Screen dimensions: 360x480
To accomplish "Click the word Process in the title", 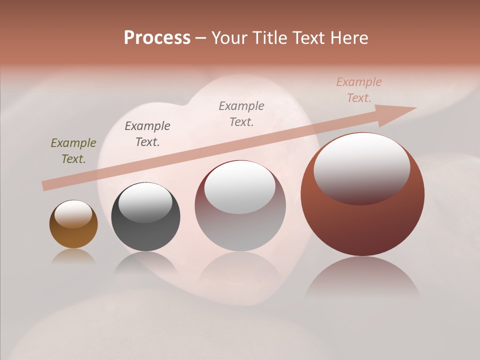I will coord(157,38).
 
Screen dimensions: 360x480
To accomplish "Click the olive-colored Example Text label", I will coord(73,151).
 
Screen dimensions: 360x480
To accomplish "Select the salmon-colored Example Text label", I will coord(358,90).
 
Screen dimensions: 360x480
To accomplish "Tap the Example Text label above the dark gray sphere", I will coord(147,134).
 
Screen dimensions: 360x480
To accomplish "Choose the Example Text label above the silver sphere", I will coord(241,113).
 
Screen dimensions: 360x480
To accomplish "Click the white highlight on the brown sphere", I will coord(73,214).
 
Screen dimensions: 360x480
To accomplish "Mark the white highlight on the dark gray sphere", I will coord(145,202).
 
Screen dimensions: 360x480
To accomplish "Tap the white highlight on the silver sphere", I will coord(240,186).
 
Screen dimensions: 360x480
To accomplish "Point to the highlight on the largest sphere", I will coord(361,167).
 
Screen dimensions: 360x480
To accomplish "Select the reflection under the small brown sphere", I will coord(73,256).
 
